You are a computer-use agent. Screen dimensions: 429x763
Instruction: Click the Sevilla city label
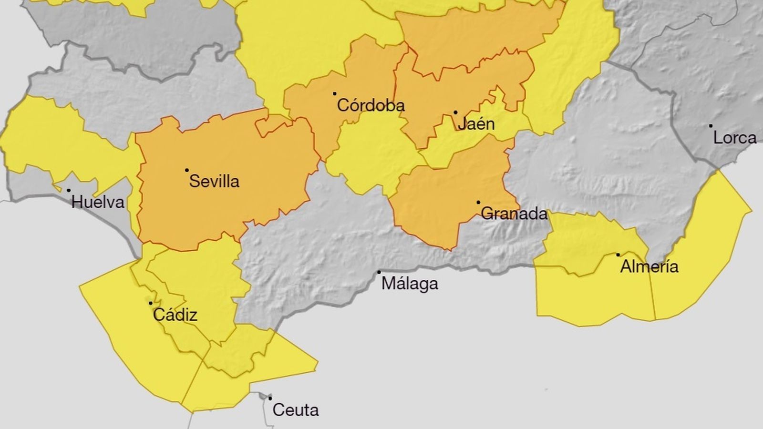(x=214, y=182)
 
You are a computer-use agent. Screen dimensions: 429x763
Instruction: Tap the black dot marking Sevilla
(x=187, y=170)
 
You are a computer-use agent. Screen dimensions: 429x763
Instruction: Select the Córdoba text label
(x=371, y=105)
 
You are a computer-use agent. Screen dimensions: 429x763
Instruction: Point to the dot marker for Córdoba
(x=335, y=94)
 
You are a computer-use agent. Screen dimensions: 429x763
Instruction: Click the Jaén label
(x=475, y=124)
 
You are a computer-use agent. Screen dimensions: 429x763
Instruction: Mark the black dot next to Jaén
(x=455, y=113)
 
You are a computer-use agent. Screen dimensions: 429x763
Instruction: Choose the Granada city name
(x=514, y=214)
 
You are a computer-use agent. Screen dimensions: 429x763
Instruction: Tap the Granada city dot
(x=478, y=203)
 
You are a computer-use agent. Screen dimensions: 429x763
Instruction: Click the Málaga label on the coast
(x=410, y=284)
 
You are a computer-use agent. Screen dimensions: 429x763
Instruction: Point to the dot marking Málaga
(x=379, y=272)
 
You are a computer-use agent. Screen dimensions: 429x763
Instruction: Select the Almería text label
(x=649, y=266)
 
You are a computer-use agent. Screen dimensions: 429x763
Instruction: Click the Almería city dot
(x=619, y=255)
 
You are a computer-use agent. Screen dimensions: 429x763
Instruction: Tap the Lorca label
(x=734, y=138)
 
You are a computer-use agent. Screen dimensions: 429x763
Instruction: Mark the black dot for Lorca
(x=711, y=126)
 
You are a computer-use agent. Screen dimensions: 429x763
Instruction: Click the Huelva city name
(x=98, y=203)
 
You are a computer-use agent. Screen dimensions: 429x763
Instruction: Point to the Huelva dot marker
(x=69, y=191)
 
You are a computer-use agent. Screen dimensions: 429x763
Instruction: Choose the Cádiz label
(x=175, y=315)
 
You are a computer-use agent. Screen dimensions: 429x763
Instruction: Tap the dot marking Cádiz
(x=151, y=303)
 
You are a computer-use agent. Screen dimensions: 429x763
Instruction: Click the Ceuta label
(x=295, y=410)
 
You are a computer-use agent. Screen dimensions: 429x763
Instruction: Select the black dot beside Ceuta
(x=270, y=398)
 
